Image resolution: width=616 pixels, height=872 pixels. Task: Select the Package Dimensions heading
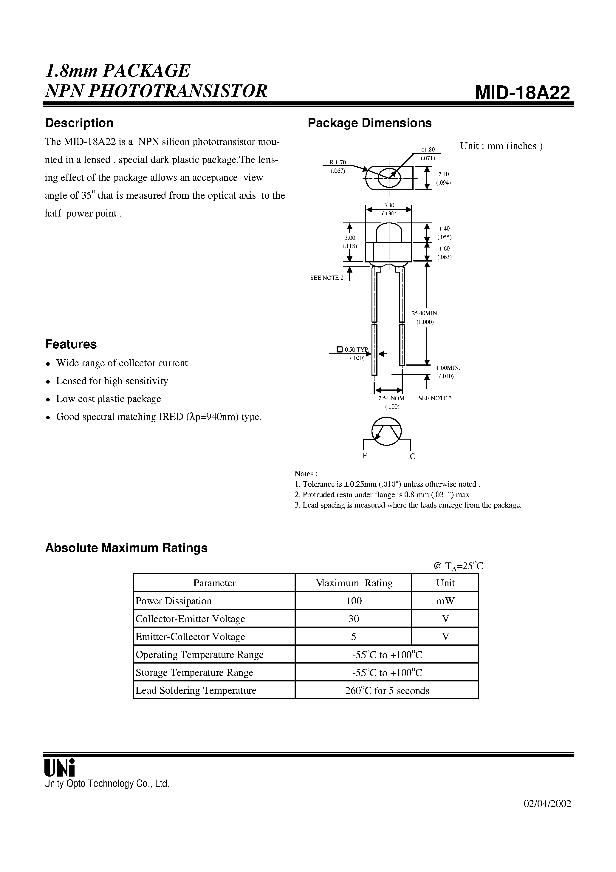[x=369, y=123]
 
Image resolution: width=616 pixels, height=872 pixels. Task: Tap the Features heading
[x=71, y=344]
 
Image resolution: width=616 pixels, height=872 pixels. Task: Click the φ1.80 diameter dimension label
[x=428, y=150]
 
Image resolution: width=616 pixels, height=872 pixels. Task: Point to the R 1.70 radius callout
[x=338, y=163]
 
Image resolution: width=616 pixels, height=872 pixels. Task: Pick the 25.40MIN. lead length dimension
[x=425, y=313]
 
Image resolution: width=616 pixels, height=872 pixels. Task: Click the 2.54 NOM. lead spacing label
[x=392, y=398]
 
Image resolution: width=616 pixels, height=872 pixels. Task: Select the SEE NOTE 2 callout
[x=326, y=278]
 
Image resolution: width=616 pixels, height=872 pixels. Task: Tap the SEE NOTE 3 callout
[x=435, y=398]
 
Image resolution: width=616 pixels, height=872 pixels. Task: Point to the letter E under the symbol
[x=365, y=456]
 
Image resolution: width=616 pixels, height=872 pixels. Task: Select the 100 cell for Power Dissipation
[x=354, y=601]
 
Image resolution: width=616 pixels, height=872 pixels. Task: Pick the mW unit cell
[x=445, y=601]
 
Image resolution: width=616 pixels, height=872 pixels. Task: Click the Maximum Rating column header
[x=354, y=583]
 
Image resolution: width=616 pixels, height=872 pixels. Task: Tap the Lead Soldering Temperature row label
[x=196, y=690]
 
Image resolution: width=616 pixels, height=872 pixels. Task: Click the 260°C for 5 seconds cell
[x=387, y=690]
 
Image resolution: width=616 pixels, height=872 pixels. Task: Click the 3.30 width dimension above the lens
[x=389, y=205]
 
